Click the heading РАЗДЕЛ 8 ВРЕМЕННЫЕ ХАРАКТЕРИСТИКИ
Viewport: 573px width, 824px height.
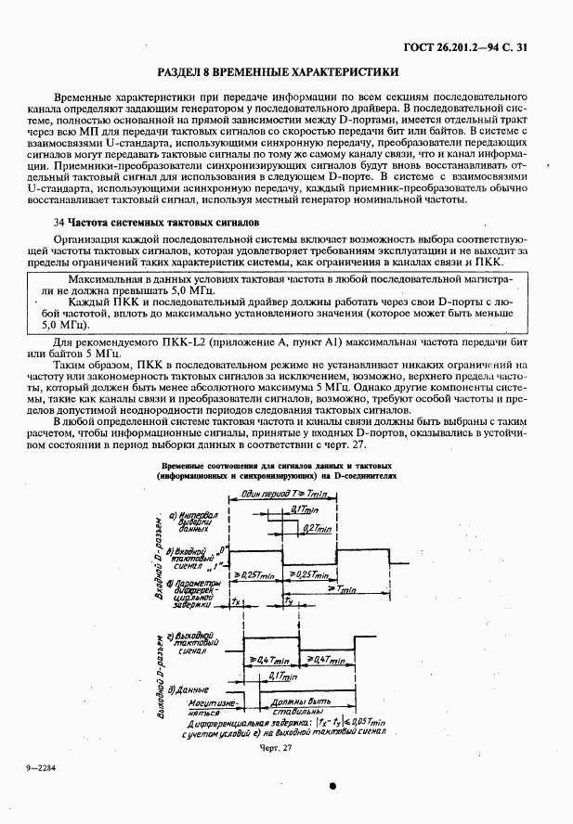coord(279,71)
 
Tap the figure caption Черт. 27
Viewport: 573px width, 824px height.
coord(275,747)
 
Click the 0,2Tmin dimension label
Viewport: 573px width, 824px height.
coord(317,527)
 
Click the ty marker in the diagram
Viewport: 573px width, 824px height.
coord(290,602)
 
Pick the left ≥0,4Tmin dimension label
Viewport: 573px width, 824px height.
coord(270,659)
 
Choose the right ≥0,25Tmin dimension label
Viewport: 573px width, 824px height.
coord(310,575)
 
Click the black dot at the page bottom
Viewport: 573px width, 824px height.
coord(332,785)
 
